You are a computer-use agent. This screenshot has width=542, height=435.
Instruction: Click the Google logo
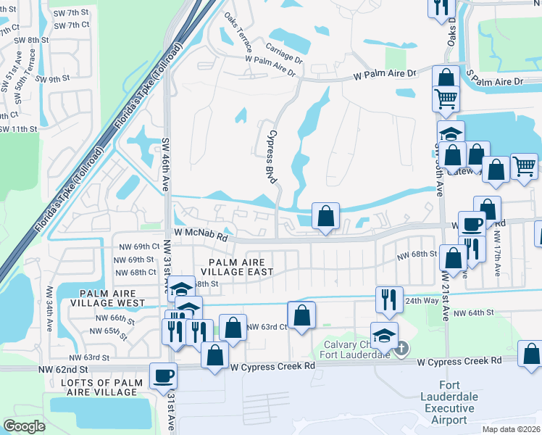point(24,426)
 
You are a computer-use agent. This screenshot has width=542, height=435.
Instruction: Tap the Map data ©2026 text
point(502,428)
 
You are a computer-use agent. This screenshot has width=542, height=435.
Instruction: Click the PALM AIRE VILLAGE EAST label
point(242,266)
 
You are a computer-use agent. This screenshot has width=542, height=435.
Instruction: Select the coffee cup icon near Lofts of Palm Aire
point(163,376)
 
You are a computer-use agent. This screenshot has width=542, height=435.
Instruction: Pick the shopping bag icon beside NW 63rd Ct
point(301,315)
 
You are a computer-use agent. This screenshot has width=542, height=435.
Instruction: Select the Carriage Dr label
point(283,56)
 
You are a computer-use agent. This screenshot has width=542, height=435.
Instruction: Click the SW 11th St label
point(18,128)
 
